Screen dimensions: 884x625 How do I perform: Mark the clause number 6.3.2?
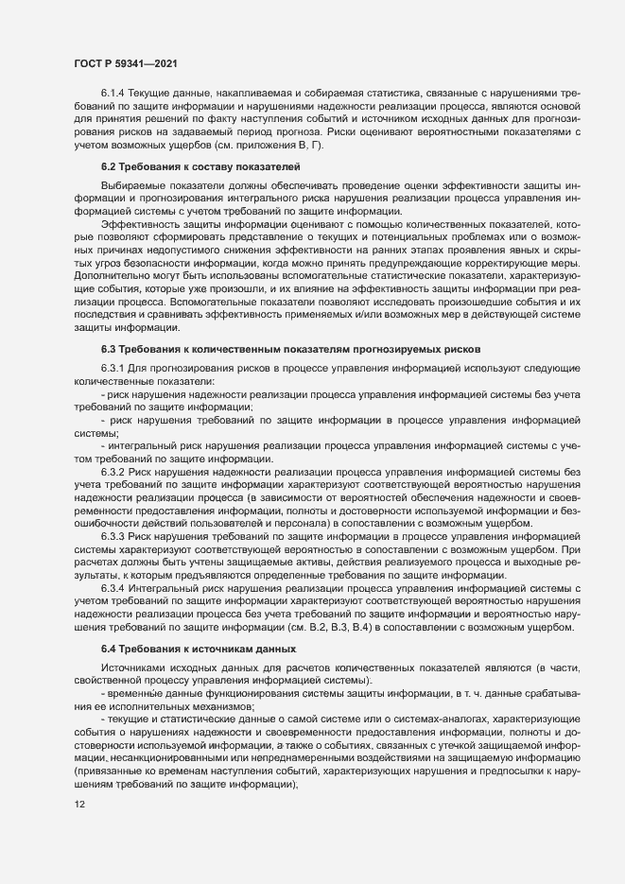pyautogui.click(x=113, y=471)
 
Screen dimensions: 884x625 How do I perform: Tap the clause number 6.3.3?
pyautogui.click(x=113, y=536)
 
